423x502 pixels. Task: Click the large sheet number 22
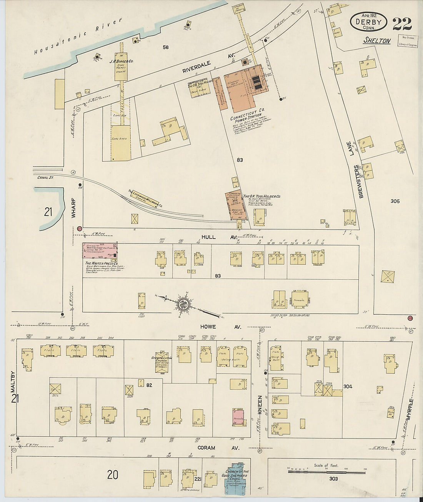tap(402, 23)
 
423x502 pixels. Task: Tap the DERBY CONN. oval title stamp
tap(368, 22)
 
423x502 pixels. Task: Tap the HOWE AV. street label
tap(220, 327)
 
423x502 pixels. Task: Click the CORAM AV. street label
tap(219, 448)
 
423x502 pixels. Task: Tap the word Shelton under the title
tap(377, 41)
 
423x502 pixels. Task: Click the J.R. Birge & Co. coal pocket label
tap(122, 62)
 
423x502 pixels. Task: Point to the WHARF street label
tap(74, 208)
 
